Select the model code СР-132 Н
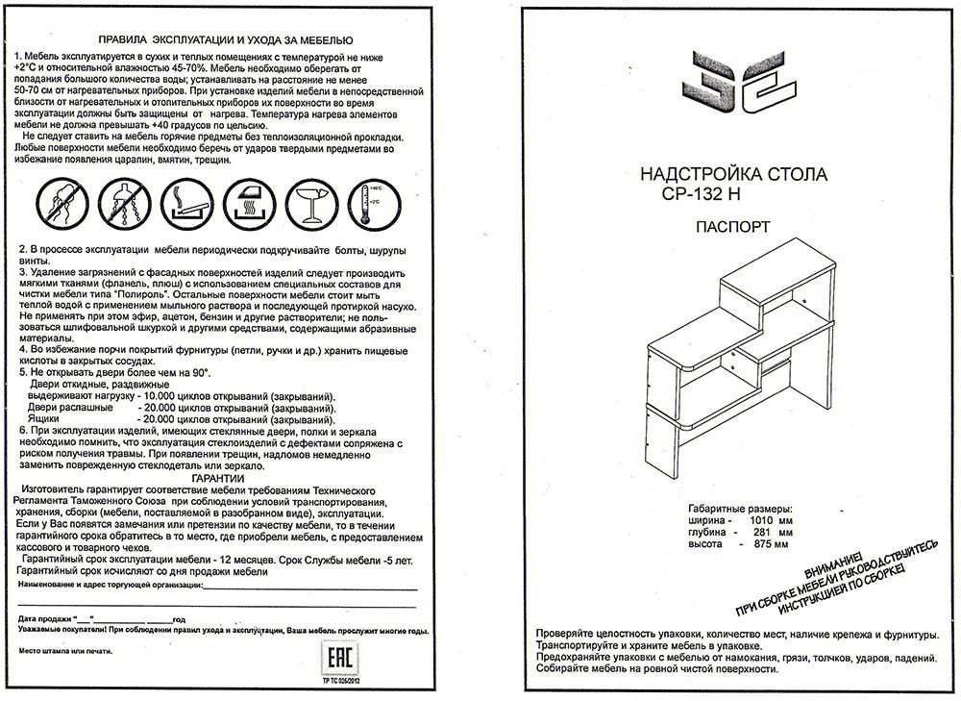pyautogui.click(x=701, y=192)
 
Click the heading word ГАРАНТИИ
pyautogui.click(x=217, y=478)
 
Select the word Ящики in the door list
pyautogui.click(x=45, y=420)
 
